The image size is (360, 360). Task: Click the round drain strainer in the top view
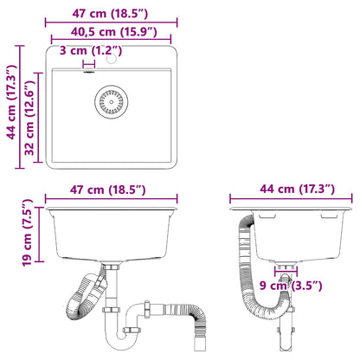coord(110,100)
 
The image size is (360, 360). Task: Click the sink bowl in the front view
coord(112,229)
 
